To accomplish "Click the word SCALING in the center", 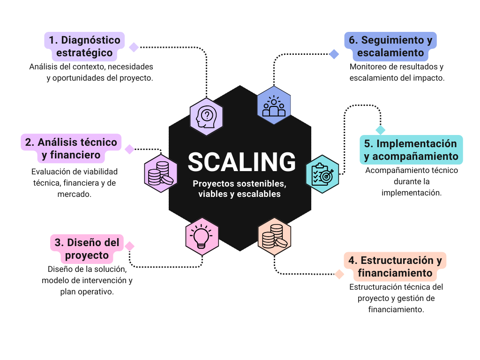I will [x=241, y=162].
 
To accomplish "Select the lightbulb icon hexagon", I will [x=202, y=234].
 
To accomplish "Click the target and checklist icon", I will [x=322, y=174].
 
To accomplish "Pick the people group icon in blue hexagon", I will [x=274, y=105].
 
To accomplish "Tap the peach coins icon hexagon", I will [x=274, y=236].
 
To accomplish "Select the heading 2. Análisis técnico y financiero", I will [x=71, y=148].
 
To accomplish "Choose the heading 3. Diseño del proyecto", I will [x=87, y=249].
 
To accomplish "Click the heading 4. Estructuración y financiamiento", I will [x=395, y=266].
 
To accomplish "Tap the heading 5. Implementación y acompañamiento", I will [x=411, y=150].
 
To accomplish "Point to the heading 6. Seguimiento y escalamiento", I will [x=390, y=46].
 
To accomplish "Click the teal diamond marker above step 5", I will [x=380, y=130].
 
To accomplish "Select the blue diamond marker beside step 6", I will [x=334, y=54].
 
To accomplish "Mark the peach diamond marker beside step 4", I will [x=339, y=274].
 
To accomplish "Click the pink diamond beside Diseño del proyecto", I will [x=129, y=246].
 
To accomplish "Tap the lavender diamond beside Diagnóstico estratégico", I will [x=134, y=47].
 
